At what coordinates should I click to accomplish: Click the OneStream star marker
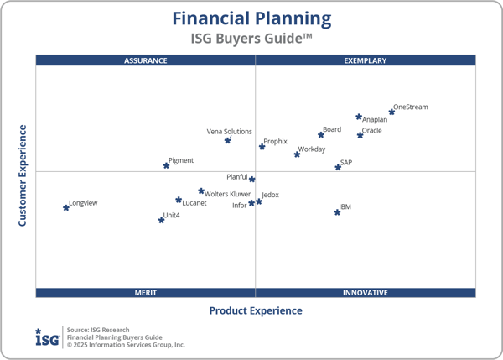pyautogui.click(x=392, y=112)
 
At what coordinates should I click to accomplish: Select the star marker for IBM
pyautogui.click(x=338, y=212)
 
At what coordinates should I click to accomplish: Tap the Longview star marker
pyautogui.click(x=66, y=207)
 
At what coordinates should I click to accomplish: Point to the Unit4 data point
pyautogui.click(x=162, y=220)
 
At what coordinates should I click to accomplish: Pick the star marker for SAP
pyautogui.click(x=339, y=167)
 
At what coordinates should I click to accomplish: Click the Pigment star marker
pyautogui.click(x=166, y=165)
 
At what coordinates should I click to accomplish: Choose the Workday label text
pyautogui.click(x=312, y=149)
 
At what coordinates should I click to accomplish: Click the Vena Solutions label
pyautogui.click(x=230, y=132)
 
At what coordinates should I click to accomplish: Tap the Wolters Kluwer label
pyautogui.click(x=228, y=195)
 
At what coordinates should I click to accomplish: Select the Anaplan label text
pyautogui.click(x=375, y=120)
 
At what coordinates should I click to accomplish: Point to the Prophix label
pyautogui.click(x=276, y=142)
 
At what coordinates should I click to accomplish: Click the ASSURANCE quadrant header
pyautogui.click(x=146, y=60)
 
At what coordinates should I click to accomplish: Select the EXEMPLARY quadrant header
pyautogui.click(x=366, y=60)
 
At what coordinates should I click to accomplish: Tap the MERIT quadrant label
pyautogui.click(x=146, y=293)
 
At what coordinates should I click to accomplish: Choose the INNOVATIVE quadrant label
pyautogui.click(x=366, y=293)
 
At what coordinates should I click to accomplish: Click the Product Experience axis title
pyautogui.click(x=256, y=310)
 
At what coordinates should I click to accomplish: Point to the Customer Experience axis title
pyautogui.click(x=23, y=175)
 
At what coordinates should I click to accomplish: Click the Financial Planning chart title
pyautogui.click(x=251, y=18)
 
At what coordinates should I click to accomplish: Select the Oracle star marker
pyautogui.click(x=360, y=134)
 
